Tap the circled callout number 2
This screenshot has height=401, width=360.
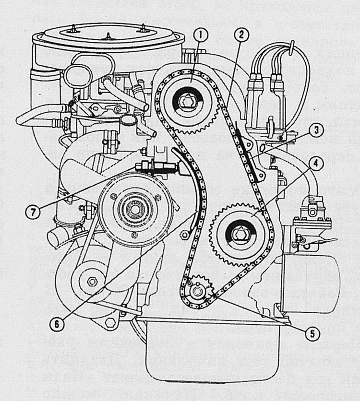click(x=241, y=35)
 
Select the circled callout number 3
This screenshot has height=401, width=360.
click(x=316, y=130)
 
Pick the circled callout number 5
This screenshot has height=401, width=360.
click(x=312, y=333)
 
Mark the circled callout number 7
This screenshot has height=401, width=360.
click(x=33, y=212)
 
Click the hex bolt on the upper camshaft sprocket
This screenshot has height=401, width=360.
click(x=187, y=102)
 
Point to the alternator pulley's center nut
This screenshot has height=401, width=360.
click(x=92, y=282)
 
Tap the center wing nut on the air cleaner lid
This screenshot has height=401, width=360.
click(x=108, y=36)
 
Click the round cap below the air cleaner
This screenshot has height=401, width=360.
click(x=78, y=74)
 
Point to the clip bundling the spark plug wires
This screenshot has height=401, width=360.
click(x=291, y=48)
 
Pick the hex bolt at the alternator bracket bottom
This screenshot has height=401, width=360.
click(x=109, y=323)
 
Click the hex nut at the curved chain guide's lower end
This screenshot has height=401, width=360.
click(x=184, y=235)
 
